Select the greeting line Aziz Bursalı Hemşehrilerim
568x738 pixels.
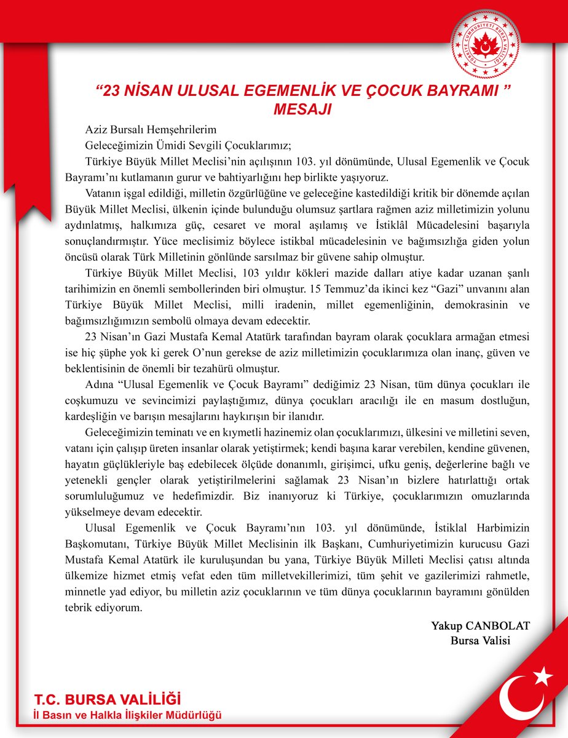(x=151, y=130)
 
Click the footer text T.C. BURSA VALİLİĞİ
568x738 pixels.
(x=108, y=699)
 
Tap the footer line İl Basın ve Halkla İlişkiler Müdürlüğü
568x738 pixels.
(x=128, y=715)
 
